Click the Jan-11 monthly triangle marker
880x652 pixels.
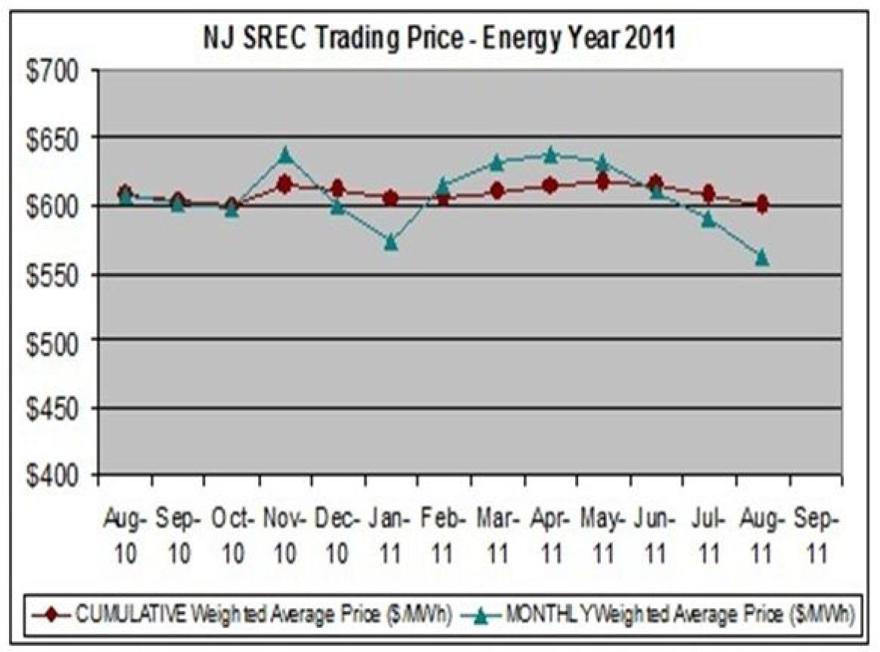(390, 243)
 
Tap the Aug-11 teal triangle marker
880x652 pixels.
(761, 258)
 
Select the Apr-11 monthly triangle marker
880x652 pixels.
(550, 155)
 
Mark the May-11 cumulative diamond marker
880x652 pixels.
(603, 182)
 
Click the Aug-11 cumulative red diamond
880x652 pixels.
(761, 204)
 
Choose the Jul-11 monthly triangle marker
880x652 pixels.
(708, 219)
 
